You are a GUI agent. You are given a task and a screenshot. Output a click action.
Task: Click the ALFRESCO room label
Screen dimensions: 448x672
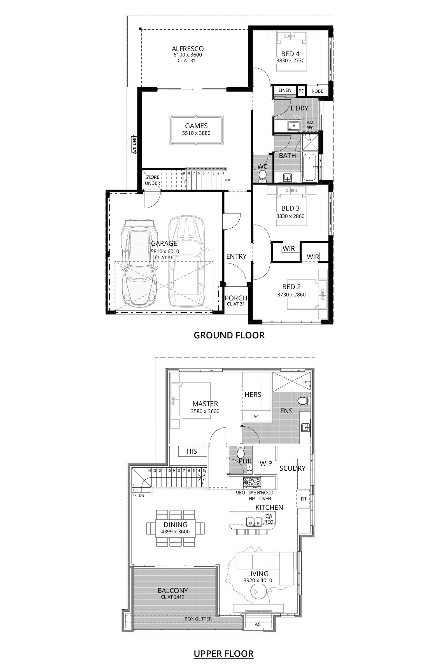pos(188,48)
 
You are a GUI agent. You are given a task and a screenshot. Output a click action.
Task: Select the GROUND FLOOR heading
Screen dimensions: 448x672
pos(229,335)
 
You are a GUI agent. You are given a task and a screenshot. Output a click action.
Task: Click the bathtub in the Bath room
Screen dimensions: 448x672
pos(309,167)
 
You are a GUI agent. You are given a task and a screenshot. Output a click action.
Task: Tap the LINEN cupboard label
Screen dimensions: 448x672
pos(285,90)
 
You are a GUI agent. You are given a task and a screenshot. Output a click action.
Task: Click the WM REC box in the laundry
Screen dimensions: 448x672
pos(310,125)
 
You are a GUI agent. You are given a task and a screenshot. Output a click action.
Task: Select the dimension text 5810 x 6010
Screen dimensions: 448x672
pos(165,251)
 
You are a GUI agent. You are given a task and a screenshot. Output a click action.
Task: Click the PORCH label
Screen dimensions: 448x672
pos(236,298)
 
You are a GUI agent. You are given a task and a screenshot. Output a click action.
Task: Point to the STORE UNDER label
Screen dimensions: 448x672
pos(152,180)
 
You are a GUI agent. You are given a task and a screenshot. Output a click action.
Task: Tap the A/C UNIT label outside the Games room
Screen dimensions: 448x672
pos(135,145)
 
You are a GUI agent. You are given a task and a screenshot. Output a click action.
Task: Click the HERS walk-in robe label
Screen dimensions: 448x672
pos(253,395)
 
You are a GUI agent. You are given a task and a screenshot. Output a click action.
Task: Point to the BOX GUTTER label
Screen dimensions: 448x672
pos(198,619)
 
